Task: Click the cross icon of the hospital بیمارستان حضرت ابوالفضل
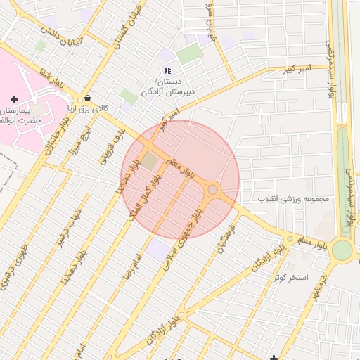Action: click(15, 100)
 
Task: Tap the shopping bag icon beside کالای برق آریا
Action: click(87, 98)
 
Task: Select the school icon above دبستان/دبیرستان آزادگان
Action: click(167, 70)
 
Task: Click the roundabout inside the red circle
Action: click(212, 188)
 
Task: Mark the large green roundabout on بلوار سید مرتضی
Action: click(342, 250)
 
